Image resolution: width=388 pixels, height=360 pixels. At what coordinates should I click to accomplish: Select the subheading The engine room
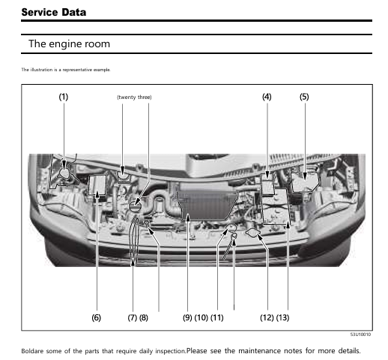tap(69, 44)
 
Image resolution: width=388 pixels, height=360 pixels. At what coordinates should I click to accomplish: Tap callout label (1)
tap(64, 97)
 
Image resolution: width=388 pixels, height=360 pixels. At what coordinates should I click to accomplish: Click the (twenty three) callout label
tap(134, 97)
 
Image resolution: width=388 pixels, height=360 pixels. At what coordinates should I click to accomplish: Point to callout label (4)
tap(267, 97)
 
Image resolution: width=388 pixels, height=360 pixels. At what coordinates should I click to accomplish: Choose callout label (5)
tap(304, 97)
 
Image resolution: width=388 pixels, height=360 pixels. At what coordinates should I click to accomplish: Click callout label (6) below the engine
tap(96, 317)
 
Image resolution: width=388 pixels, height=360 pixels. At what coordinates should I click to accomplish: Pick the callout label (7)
tap(132, 317)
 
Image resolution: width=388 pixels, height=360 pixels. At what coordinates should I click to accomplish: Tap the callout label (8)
tap(144, 317)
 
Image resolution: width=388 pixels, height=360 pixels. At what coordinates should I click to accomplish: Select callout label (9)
tap(187, 317)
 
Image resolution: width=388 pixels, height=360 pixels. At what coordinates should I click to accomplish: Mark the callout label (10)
tap(201, 317)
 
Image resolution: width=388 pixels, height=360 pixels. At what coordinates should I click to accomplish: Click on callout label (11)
tap(217, 317)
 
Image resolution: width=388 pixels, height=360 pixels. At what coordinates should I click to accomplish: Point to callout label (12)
tap(267, 317)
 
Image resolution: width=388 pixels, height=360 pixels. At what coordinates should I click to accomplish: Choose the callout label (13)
tap(282, 317)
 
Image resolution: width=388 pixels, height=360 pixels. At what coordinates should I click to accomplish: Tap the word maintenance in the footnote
tap(263, 351)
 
